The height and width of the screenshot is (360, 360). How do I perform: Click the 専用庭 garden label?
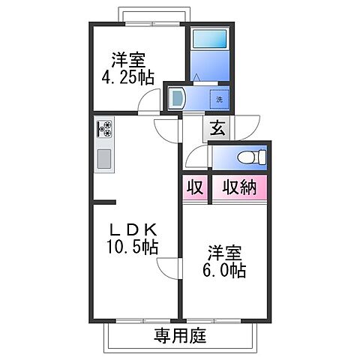[x=179, y=335]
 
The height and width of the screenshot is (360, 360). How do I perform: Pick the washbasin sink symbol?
[x=177, y=97]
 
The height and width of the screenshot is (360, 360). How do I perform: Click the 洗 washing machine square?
[x=219, y=99]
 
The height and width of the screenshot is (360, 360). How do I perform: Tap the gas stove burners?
[x=103, y=130]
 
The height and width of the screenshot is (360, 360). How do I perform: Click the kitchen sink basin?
[x=103, y=159]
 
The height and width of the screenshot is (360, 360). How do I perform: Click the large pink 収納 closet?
[x=239, y=187]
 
